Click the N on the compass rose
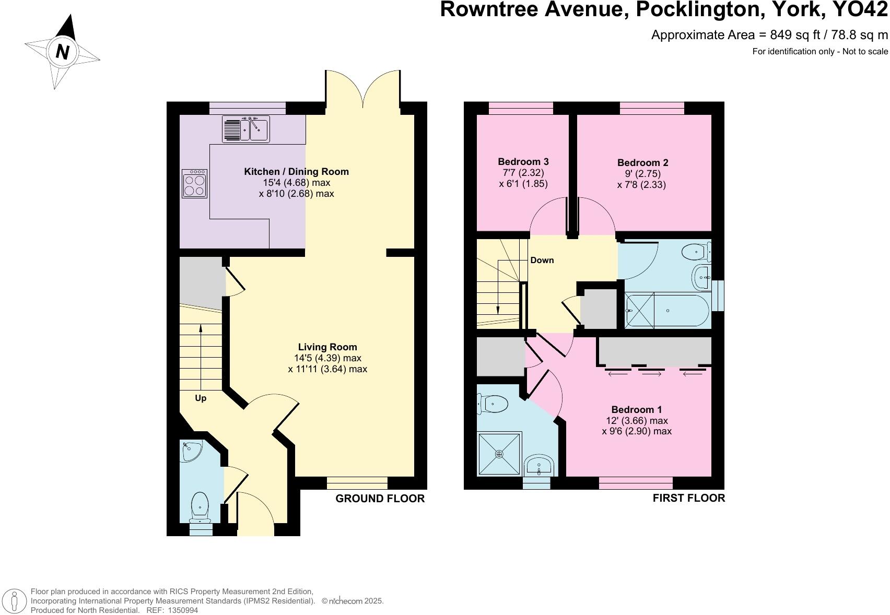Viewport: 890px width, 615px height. click(x=63, y=52)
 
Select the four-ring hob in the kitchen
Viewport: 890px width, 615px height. click(x=194, y=183)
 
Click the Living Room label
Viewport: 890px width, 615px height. click(x=327, y=347)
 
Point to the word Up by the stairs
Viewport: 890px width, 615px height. click(x=201, y=398)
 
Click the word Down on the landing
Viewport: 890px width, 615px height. click(x=542, y=260)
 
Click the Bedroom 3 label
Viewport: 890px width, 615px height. click(x=523, y=162)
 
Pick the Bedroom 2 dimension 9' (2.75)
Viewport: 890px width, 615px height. click(x=642, y=174)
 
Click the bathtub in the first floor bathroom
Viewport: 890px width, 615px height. click(x=667, y=311)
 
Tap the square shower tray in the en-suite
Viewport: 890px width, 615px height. click(x=499, y=454)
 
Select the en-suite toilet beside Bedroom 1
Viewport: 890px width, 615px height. click(x=494, y=403)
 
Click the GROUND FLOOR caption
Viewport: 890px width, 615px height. click(x=380, y=499)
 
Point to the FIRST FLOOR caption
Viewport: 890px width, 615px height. click(x=688, y=498)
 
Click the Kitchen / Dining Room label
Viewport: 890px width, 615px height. click(x=296, y=171)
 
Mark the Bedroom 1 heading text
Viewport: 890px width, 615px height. click(x=636, y=410)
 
